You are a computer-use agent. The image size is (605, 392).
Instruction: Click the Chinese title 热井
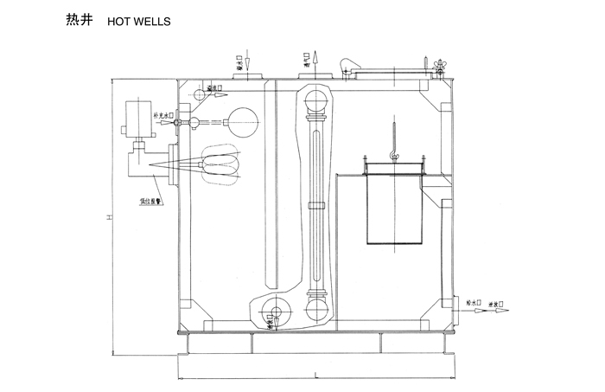(77, 19)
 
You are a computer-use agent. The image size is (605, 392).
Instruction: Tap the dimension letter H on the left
(108, 217)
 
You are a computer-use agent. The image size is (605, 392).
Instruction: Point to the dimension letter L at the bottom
(316, 375)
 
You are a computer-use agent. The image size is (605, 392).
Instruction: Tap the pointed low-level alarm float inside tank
(216, 164)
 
